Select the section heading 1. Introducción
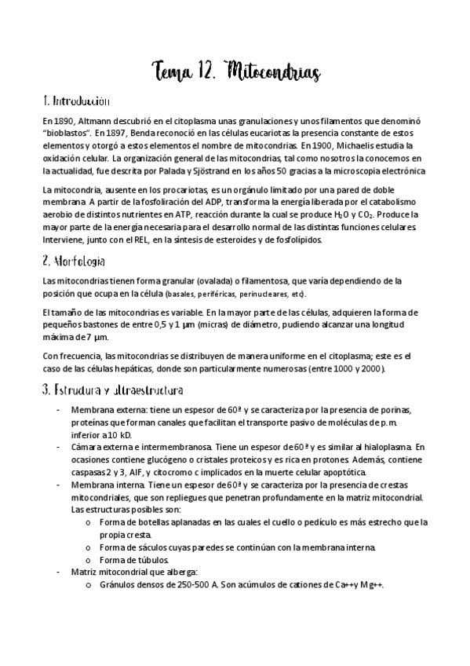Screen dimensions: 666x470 75,102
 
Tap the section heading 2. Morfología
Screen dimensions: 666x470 74,260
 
